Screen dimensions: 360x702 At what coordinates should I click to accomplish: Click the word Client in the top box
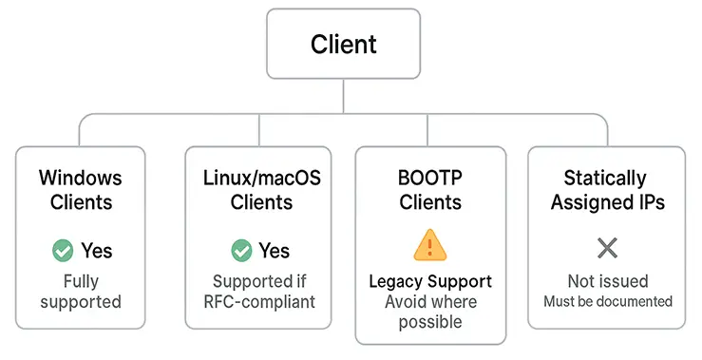point(343,44)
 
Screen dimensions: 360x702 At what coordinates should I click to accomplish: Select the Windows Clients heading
point(81,190)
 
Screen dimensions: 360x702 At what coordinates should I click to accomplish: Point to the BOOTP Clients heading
point(430,190)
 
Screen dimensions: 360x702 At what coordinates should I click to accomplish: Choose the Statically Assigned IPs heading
point(605,190)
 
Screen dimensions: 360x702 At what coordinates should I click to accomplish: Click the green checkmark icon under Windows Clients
point(63,251)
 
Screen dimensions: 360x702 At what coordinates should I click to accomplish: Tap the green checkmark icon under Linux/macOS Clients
point(242,251)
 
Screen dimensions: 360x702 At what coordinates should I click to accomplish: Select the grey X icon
point(607,249)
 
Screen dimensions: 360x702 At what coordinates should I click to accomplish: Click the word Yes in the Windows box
point(96,251)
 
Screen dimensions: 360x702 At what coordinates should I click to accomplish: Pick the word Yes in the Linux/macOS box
point(275,251)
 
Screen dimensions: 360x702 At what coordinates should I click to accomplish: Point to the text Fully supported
point(81,292)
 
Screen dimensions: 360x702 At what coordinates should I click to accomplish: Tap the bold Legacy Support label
point(430,282)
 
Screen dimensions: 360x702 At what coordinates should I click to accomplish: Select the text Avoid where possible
point(430,312)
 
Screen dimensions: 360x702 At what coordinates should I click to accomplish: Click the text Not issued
point(607,281)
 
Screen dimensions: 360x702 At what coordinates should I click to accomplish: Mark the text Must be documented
point(607,301)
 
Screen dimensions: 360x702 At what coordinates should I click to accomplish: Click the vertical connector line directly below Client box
point(343,96)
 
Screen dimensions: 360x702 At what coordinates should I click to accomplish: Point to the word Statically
point(605,178)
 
